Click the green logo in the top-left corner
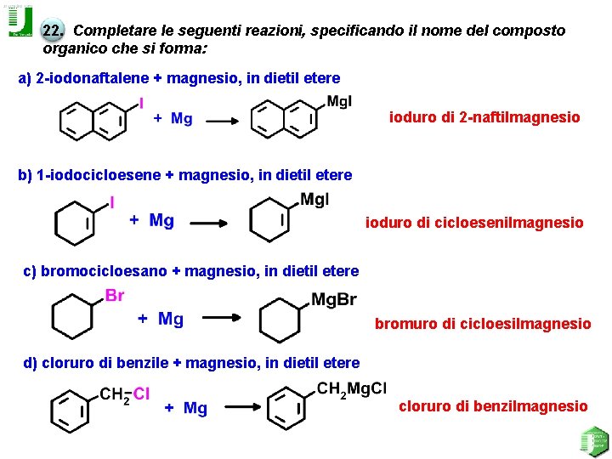[20, 23]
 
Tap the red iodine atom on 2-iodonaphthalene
[141, 103]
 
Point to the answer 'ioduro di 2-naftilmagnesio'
[484, 117]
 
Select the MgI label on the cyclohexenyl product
[314, 200]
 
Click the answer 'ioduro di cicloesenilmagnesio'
[474, 223]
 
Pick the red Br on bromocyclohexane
[115, 296]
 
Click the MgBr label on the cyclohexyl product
[334, 299]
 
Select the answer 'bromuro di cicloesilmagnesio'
[483, 323]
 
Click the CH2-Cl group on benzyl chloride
[125, 394]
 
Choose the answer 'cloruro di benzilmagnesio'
[493, 406]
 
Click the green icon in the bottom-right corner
[592, 441]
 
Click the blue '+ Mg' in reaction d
[185, 409]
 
